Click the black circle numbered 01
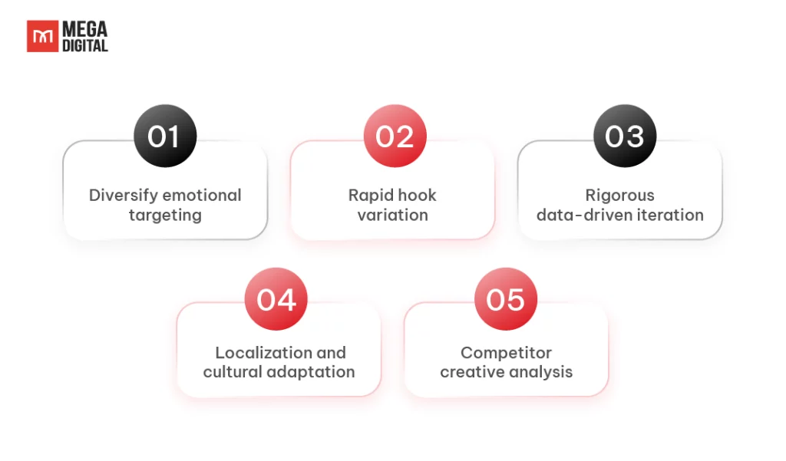tap(165, 137)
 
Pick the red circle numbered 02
tap(395, 137)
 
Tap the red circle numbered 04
tap(276, 299)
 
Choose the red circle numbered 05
tap(505, 299)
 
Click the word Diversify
tap(122, 195)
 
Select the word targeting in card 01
tap(165, 215)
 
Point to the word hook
tap(418, 195)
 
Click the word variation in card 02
tap(393, 215)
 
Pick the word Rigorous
tap(619, 195)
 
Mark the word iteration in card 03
tap(670, 215)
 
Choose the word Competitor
tap(506, 353)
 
